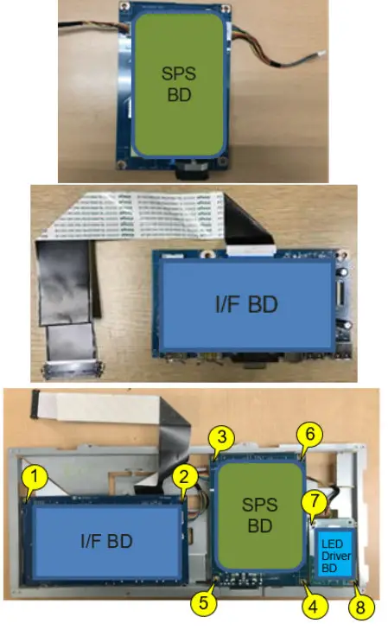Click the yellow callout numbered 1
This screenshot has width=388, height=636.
[34, 475]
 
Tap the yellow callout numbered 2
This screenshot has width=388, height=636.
[182, 475]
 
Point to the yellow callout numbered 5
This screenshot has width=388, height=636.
[204, 602]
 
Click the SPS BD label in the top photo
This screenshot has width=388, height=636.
[179, 83]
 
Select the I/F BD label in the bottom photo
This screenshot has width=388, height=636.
[106, 542]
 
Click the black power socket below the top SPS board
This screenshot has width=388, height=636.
[195, 171]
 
